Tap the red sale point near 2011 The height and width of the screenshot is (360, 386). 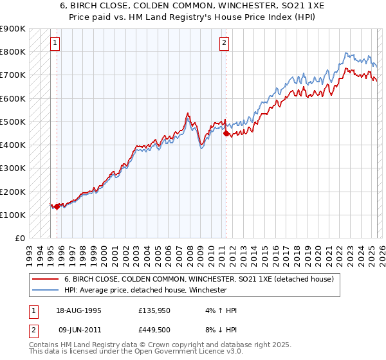coord(226,134)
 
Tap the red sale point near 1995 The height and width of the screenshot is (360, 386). coord(57,206)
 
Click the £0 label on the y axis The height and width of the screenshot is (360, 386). coord(19,239)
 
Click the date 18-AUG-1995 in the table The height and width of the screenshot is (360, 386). coord(78,310)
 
